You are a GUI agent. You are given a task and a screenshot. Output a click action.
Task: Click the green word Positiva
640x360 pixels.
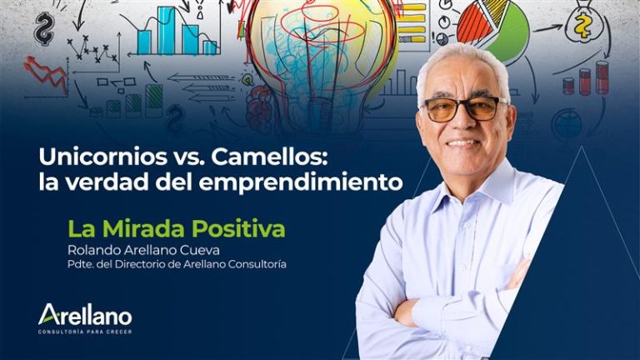click(238, 228)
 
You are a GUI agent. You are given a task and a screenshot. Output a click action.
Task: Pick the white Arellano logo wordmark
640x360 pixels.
click(85, 315)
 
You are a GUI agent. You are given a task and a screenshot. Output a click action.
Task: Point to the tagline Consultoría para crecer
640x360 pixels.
click(85, 332)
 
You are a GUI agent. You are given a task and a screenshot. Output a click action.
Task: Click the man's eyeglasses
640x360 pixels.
click(463, 108)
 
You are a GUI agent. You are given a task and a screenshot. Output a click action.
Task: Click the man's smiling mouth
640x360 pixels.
click(464, 142)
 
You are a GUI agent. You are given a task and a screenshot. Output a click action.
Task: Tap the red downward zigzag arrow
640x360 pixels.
click(46, 73)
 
